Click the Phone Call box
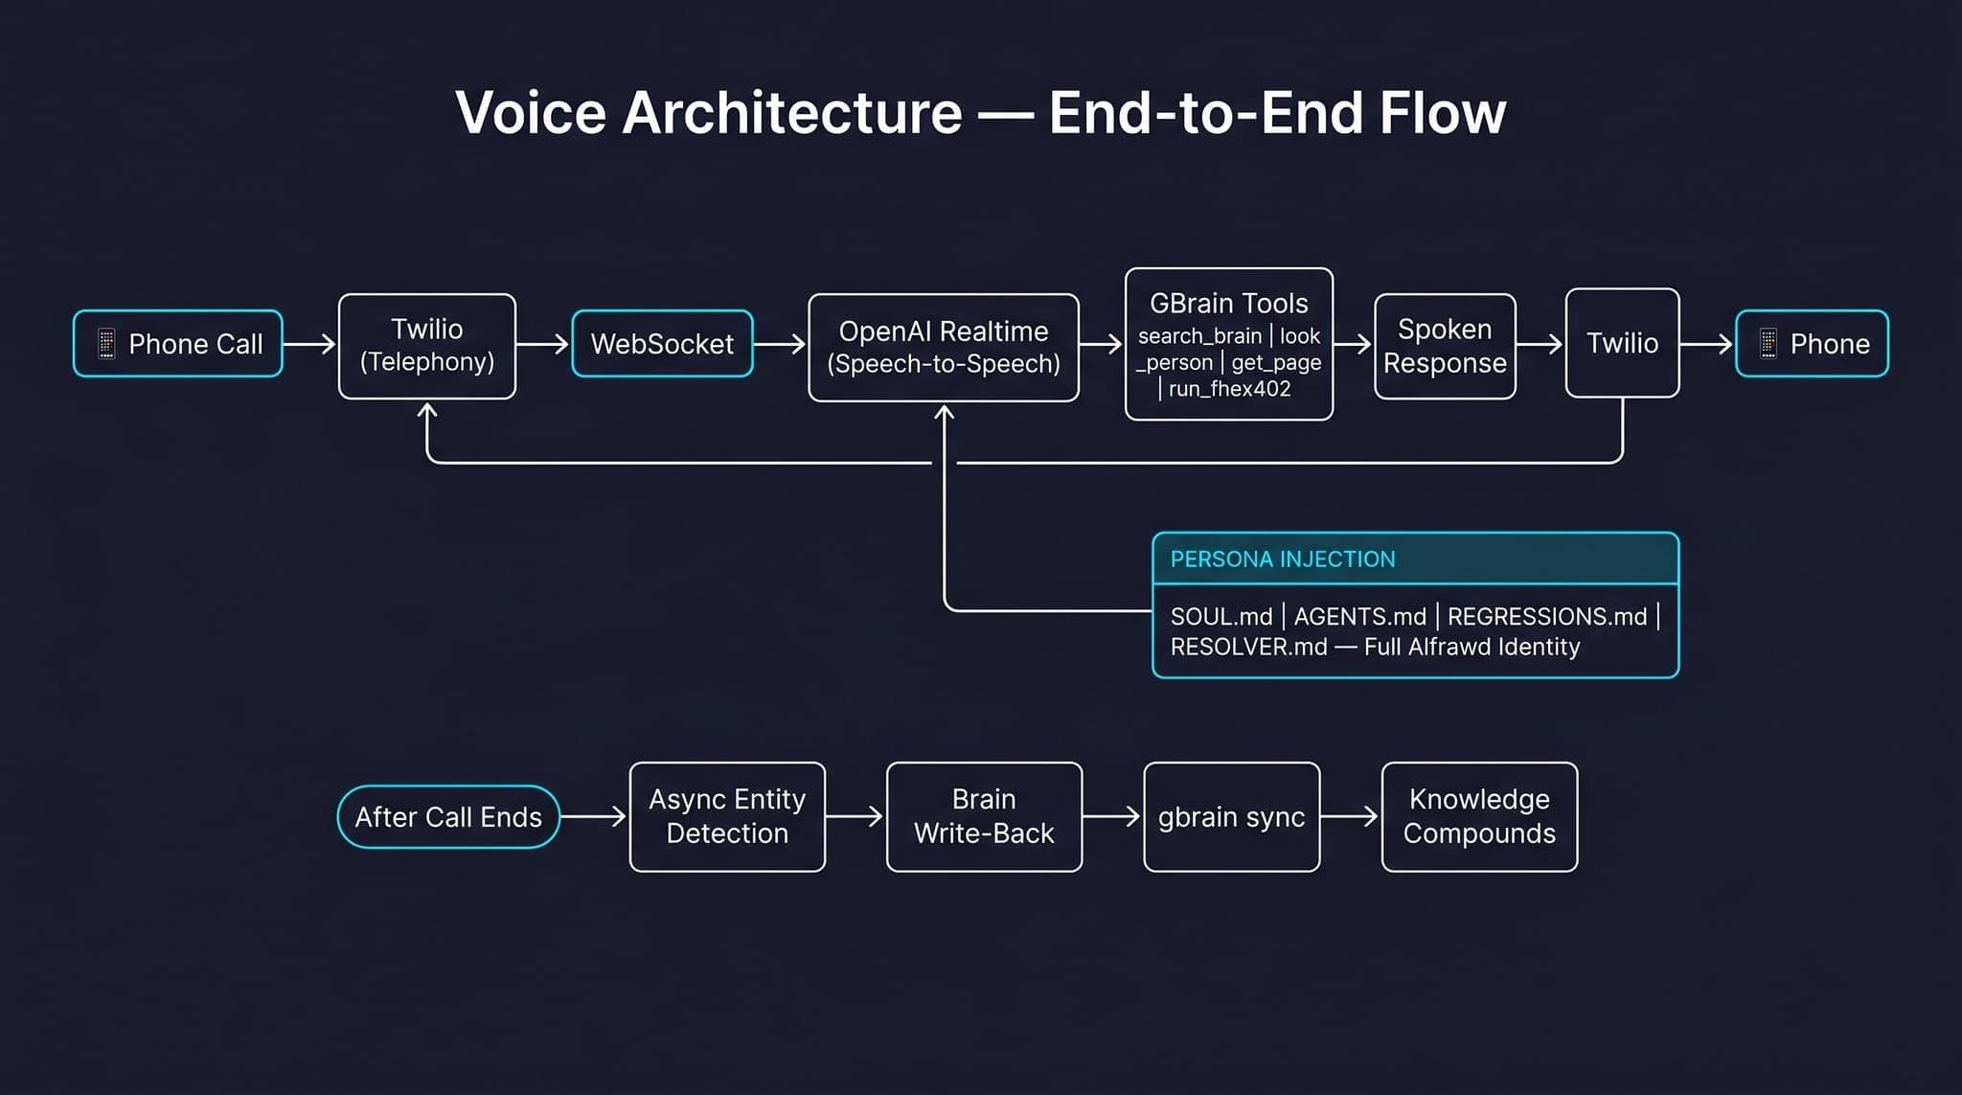[x=178, y=344]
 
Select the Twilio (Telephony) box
[x=427, y=346]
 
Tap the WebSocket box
[x=662, y=344]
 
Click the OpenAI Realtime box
[x=943, y=347]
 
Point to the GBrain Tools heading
[x=1228, y=304]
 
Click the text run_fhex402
[x=1229, y=389]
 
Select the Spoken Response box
[x=1445, y=346]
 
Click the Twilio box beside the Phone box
[x=1622, y=343]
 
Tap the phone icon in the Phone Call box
[x=106, y=344]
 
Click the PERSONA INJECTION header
[x=1283, y=559]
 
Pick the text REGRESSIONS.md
[x=1546, y=617]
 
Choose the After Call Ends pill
[x=448, y=817]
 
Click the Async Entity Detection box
[x=727, y=817]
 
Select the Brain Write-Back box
[x=984, y=817]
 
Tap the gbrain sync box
[x=1231, y=817]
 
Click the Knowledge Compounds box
[x=1479, y=817]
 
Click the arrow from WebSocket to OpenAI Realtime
[x=780, y=344]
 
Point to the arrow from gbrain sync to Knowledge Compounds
[x=1350, y=817]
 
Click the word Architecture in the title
[x=791, y=113]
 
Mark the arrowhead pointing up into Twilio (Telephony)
[x=427, y=411]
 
